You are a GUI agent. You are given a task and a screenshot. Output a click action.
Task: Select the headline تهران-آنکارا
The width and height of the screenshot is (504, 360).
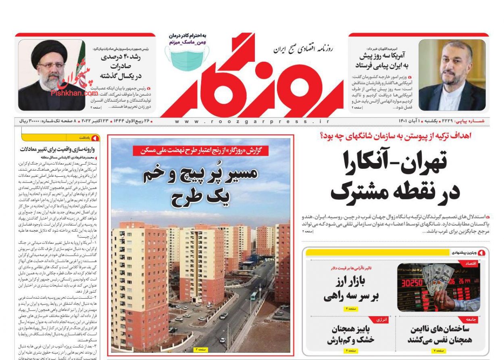point(395,161)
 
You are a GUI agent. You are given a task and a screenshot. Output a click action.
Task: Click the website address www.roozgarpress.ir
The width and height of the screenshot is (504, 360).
point(252,121)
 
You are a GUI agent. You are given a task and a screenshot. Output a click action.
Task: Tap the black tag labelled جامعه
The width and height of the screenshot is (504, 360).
point(471,319)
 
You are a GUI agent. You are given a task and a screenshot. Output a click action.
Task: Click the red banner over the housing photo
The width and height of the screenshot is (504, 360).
point(201,151)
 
